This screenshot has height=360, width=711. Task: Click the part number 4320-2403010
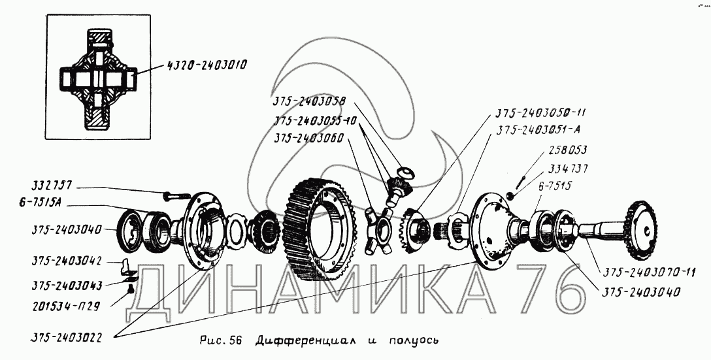tap(206, 65)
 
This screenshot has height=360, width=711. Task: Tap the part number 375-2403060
tap(309, 138)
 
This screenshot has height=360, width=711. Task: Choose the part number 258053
tap(568, 150)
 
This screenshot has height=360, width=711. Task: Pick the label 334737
tap(568, 169)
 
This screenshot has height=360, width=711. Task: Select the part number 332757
tap(51, 186)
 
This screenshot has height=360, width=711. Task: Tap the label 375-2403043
tap(67, 286)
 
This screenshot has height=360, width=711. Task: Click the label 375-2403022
tap(66, 337)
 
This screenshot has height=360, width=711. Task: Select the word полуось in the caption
tap(414, 340)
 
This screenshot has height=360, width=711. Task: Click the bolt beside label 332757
tap(176, 196)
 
